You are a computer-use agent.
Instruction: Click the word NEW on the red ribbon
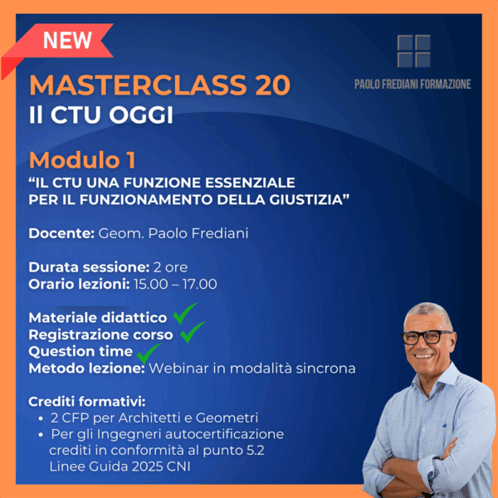[x=67, y=40]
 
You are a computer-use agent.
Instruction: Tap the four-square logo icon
[x=413, y=51]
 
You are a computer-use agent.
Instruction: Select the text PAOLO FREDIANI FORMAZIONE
[x=413, y=84]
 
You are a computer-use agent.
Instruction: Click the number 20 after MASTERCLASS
[x=271, y=85]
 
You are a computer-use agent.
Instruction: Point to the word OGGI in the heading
[x=141, y=115]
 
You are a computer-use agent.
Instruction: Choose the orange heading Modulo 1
[x=82, y=159]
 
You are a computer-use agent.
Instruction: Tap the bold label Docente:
[x=61, y=233]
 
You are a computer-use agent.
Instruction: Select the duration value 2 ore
[x=170, y=267]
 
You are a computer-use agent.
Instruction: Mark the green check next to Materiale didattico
[x=185, y=314]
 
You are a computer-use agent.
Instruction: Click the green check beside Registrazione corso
[x=193, y=332]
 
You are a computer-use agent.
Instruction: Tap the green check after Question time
[x=149, y=354]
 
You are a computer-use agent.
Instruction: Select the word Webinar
[x=178, y=369]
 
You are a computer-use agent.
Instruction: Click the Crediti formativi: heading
[x=87, y=402]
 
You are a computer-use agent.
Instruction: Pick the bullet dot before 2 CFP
[x=41, y=419]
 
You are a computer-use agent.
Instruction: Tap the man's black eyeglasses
[x=427, y=337]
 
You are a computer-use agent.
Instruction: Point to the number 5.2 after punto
[x=256, y=450]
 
